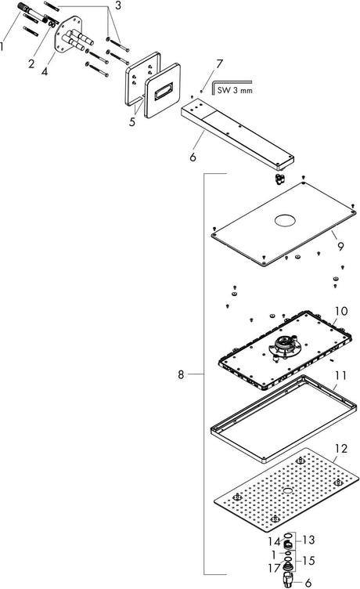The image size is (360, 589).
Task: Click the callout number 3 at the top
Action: coord(118,5)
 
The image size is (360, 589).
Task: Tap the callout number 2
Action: coord(31,63)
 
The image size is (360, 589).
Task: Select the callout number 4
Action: coord(45,70)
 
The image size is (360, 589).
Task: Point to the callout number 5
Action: coord(131,121)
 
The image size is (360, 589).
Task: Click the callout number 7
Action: coord(219,64)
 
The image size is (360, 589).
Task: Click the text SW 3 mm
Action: coord(235,91)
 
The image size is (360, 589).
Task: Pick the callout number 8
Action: coord(181,374)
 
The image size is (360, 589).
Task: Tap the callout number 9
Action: coord(340,247)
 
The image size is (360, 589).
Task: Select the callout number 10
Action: coord(341,311)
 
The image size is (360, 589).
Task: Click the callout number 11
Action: coord(341,375)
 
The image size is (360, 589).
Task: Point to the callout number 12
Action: coord(341,449)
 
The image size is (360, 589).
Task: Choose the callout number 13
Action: coord(308,540)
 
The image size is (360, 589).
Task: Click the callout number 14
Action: coord(275,541)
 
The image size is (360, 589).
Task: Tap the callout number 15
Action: coord(308,561)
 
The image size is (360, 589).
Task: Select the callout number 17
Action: coord(275,568)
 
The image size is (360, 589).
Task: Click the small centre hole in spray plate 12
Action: coord(287,490)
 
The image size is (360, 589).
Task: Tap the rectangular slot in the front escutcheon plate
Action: coord(164,90)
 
